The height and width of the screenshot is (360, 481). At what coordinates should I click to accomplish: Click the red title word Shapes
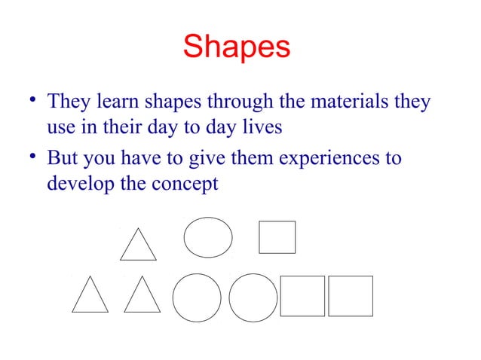pos(236,47)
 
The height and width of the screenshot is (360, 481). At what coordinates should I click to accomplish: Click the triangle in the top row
pos(138,246)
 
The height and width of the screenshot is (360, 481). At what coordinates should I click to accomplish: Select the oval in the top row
pos(208,236)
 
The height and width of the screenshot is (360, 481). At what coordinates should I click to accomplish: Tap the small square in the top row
pos(277,236)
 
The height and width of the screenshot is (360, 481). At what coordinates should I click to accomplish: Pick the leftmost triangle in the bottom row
pos(90,296)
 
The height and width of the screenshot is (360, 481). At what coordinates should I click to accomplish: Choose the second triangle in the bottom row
pos(142,296)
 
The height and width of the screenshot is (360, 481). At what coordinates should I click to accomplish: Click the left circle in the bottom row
pos(197,297)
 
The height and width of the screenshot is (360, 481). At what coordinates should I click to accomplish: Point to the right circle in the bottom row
pos(253,297)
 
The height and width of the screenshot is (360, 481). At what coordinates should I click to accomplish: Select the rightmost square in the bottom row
pos(351,296)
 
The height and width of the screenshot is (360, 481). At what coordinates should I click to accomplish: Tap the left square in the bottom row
pos(302,296)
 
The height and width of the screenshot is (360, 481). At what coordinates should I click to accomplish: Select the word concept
pos(185,183)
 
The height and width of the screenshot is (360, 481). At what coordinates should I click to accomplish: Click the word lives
pos(260,127)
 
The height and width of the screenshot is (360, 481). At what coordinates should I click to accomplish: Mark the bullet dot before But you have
pos(32,157)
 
